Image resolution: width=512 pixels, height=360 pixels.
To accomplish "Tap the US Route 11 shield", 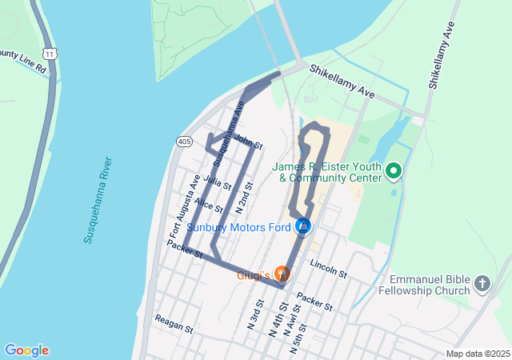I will (x=50, y=53).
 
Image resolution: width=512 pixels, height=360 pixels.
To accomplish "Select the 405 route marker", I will (x=185, y=142).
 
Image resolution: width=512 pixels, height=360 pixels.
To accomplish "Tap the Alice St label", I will (x=208, y=206).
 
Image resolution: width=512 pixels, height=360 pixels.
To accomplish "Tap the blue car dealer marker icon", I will (x=303, y=227).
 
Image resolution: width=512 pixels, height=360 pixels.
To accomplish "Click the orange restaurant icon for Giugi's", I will (x=282, y=274).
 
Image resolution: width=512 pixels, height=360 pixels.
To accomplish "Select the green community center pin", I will (x=394, y=170).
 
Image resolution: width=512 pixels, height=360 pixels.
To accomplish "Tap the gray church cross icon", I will (x=482, y=283).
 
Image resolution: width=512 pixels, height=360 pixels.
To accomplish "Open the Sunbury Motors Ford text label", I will (x=238, y=227).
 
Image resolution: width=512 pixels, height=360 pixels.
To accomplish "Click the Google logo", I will (x=26, y=350).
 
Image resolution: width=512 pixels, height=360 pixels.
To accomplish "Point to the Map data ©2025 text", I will (x=477, y=354).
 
